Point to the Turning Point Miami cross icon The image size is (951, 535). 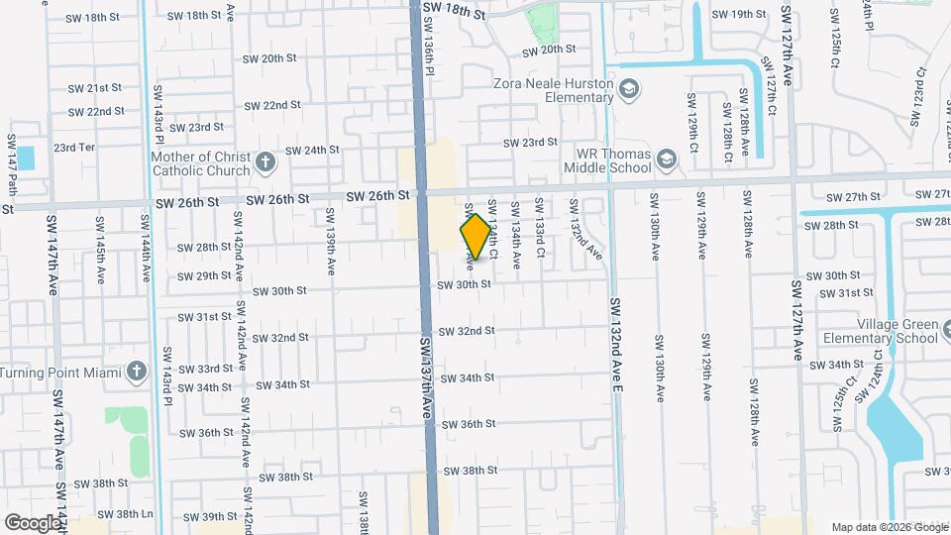point(137,372)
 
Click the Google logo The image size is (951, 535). point(33,522)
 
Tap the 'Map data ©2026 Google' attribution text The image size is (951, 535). point(889,527)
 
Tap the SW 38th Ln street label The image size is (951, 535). point(133,514)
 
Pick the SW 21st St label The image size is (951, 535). point(96,88)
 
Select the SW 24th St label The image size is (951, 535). point(312,151)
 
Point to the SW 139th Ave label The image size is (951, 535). point(330,234)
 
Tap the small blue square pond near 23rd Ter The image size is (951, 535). point(25,157)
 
